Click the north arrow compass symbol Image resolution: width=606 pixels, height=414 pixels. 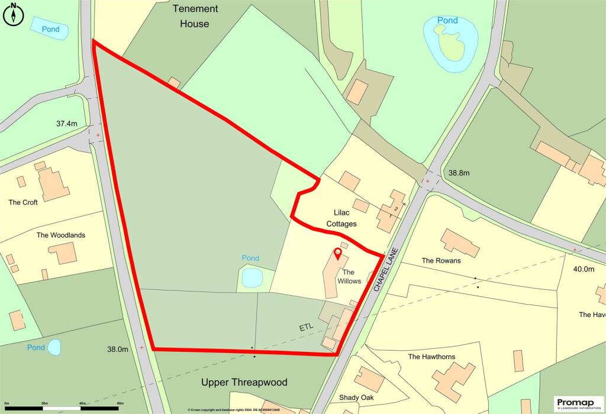pos(12,14)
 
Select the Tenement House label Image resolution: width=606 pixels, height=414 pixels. pos(195,17)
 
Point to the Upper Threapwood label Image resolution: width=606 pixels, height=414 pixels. pos(244,382)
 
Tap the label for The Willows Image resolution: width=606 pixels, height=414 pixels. pos(349,276)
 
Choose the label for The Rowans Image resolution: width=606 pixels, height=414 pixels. pos(441,260)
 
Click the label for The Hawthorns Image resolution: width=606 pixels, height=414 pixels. pos(434,357)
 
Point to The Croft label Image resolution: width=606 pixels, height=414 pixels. pos(23,202)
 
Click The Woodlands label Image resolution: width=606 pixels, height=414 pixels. pos(61,235)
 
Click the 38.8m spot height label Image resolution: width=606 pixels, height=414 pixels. pos(459,173)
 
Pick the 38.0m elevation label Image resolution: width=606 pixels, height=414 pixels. pos(117,349)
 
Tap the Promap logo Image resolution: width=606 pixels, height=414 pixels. pos(578,403)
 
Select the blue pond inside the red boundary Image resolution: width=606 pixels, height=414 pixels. pos(252,277)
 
